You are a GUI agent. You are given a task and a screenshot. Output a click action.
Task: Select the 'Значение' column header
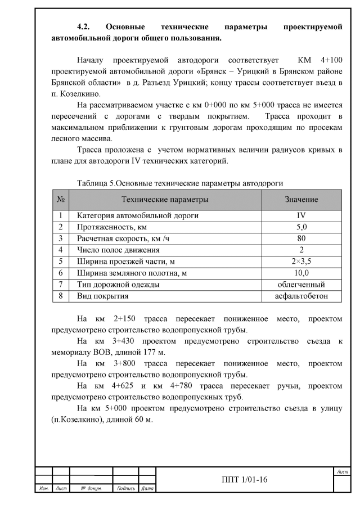click(301, 200)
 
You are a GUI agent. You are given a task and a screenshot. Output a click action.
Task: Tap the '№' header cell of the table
click(60, 200)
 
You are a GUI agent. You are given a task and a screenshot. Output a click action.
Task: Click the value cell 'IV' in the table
click(301, 215)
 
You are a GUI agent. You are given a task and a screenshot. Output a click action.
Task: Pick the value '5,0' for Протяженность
click(301, 227)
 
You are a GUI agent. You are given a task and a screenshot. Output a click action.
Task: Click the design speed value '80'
click(301, 238)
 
